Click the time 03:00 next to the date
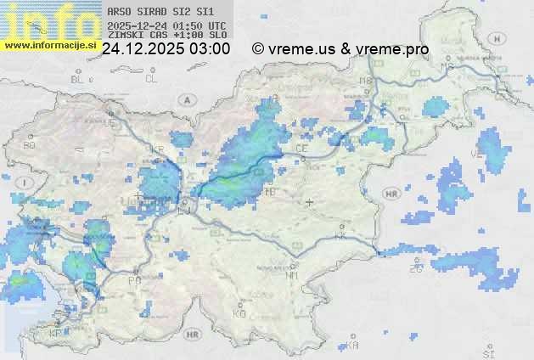tap(211, 49)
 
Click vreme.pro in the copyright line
tap(391, 49)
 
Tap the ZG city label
tap(416, 269)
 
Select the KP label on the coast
tap(56, 334)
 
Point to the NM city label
tap(292, 275)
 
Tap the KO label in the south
tap(239, 313)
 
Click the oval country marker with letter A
tap(185, 99)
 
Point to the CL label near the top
tap(152, 78)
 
